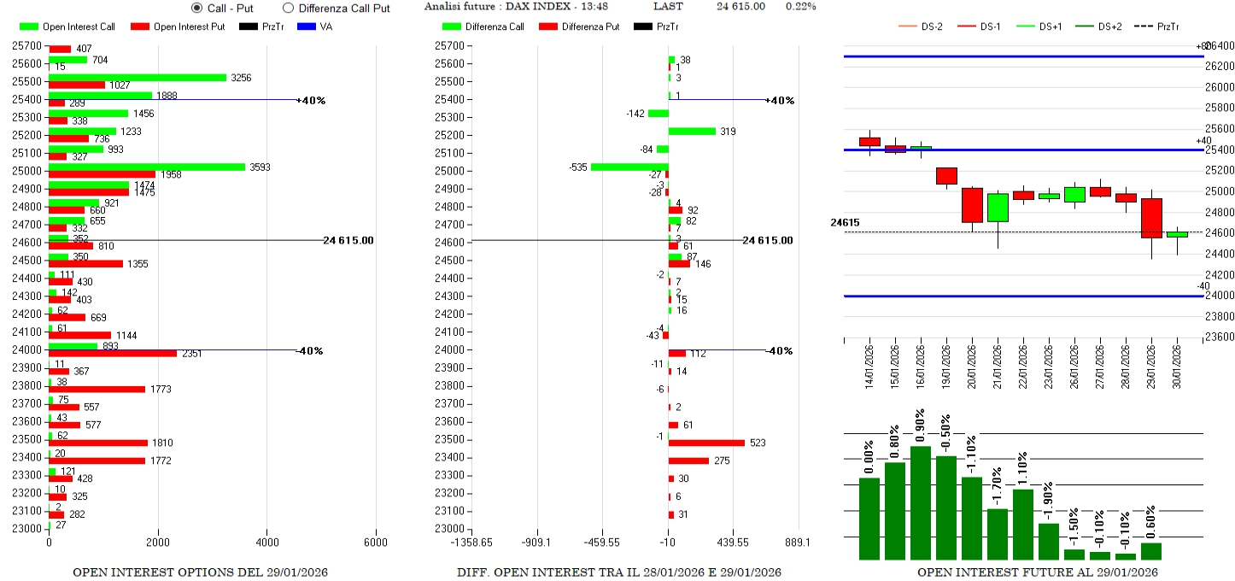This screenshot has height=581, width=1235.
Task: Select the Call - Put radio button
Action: (197, 8)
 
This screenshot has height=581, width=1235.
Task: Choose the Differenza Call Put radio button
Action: (288, 8)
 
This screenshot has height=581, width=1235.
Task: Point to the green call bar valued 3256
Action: (138, 78)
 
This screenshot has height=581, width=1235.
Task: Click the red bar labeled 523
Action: (706, 443)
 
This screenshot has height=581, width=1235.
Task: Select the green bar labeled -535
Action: (629, 167)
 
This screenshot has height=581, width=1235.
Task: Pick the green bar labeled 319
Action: (692, 131)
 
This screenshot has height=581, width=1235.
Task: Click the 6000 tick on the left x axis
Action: (375, 543)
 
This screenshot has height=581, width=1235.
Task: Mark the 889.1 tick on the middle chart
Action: (798, 543)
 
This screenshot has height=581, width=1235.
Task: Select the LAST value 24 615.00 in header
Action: (740, 7)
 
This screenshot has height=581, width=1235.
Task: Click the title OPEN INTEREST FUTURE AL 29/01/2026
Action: (1037, 572)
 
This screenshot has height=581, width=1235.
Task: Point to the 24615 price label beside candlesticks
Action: (845, 223)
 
